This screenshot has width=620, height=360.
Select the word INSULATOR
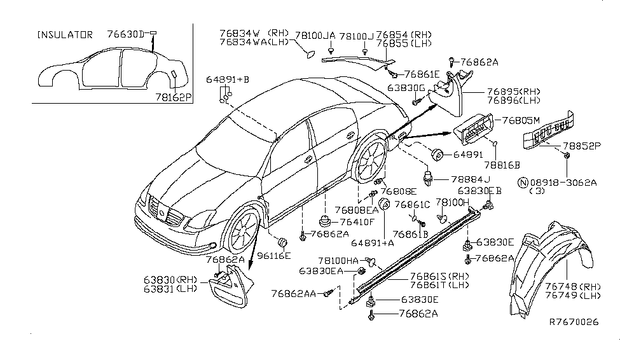(65, 34)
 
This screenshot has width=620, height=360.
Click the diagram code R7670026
(574, 340)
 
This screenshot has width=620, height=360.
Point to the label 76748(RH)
(572, 286)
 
